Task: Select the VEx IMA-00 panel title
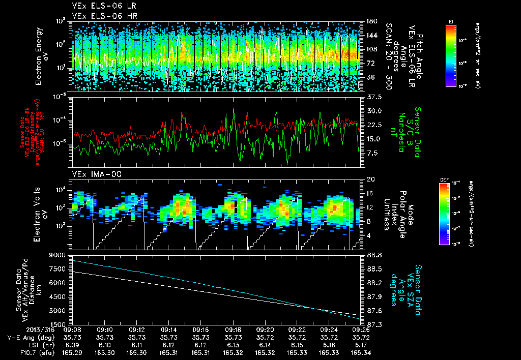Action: [93, 174]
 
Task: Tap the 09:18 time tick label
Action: [233, 329]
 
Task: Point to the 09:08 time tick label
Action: [73, 329]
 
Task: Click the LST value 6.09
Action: [73, 344]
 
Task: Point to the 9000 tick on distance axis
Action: [59, 255]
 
